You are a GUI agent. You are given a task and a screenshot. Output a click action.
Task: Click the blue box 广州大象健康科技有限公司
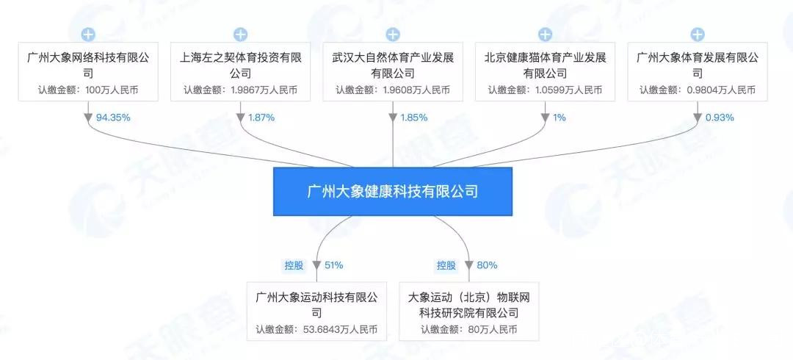[393, 191]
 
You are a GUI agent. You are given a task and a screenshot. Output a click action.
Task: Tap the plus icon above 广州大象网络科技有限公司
[88, 34]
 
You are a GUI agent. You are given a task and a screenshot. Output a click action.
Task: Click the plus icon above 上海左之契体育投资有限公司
[240, 34]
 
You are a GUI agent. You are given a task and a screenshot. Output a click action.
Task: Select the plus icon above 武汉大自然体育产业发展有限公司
[393, 34]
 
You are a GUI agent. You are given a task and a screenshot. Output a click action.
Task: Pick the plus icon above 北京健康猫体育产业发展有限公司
[545, 34]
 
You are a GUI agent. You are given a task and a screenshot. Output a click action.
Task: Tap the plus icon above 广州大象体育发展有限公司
[698, 34]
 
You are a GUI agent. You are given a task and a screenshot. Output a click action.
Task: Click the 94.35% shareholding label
[113, 118]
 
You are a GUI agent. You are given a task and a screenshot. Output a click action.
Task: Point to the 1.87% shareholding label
[262, 118]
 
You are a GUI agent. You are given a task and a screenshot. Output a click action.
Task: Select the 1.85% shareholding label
[414, 118]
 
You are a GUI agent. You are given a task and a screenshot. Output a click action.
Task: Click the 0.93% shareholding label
[719, 118]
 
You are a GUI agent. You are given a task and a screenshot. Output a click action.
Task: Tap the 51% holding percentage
[333, 265]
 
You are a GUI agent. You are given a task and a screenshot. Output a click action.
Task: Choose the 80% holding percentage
[487, 265]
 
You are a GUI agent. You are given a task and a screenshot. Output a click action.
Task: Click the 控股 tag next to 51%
[294, 265]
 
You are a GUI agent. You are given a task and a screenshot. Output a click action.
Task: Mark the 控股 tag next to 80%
[446, 265]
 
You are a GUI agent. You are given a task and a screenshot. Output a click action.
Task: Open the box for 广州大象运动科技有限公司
[316, 312]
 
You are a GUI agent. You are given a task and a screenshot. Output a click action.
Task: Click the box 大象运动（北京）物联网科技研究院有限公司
[468, 312]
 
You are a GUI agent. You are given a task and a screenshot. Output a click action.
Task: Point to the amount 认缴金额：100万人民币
[88, 90]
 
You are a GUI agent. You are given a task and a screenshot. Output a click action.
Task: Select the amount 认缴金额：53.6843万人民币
[316, 330]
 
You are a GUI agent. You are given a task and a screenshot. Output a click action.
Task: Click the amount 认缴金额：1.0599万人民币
[545, 90]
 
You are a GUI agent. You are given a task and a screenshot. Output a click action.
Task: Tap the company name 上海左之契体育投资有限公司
[240, 65]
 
